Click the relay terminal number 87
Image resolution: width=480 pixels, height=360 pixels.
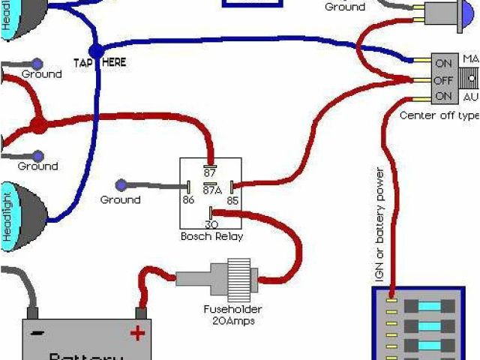tap(210, 172)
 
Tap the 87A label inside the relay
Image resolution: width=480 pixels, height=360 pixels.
tap(211, 191)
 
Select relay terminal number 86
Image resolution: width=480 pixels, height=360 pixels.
tap(188, 201)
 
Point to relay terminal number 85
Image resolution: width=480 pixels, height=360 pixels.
tap(233, 201)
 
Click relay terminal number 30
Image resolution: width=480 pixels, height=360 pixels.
tap(211, 224)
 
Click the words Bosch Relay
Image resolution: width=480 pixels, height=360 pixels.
tap(211, 236)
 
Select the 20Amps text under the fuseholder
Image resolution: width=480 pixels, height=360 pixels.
tap(235, 321)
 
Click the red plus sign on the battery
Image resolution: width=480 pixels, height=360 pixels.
tap(138, 332)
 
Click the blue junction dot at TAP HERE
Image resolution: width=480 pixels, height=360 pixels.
tap(97, 50)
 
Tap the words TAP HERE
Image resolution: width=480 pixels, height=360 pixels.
tap(100, 63)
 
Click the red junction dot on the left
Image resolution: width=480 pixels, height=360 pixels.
tap(37, 124)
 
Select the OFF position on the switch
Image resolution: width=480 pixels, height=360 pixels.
tap(443, 79)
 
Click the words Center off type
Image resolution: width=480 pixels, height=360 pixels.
tap(439, 115)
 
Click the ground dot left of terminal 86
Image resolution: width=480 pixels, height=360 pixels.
tap(121, 184)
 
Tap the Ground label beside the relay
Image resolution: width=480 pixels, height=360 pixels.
tap(120, 200)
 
